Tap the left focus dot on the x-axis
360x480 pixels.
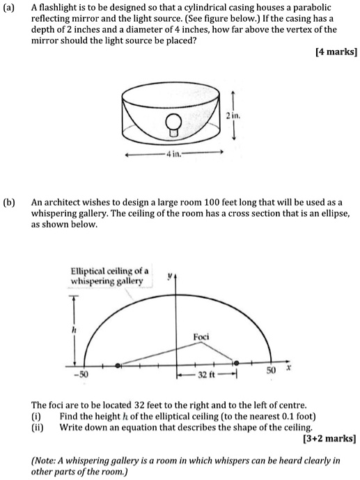(x=117, y=365)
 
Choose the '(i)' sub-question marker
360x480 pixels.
(x=37, y=417)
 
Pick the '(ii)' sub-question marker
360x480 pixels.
(x=38, y=428)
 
